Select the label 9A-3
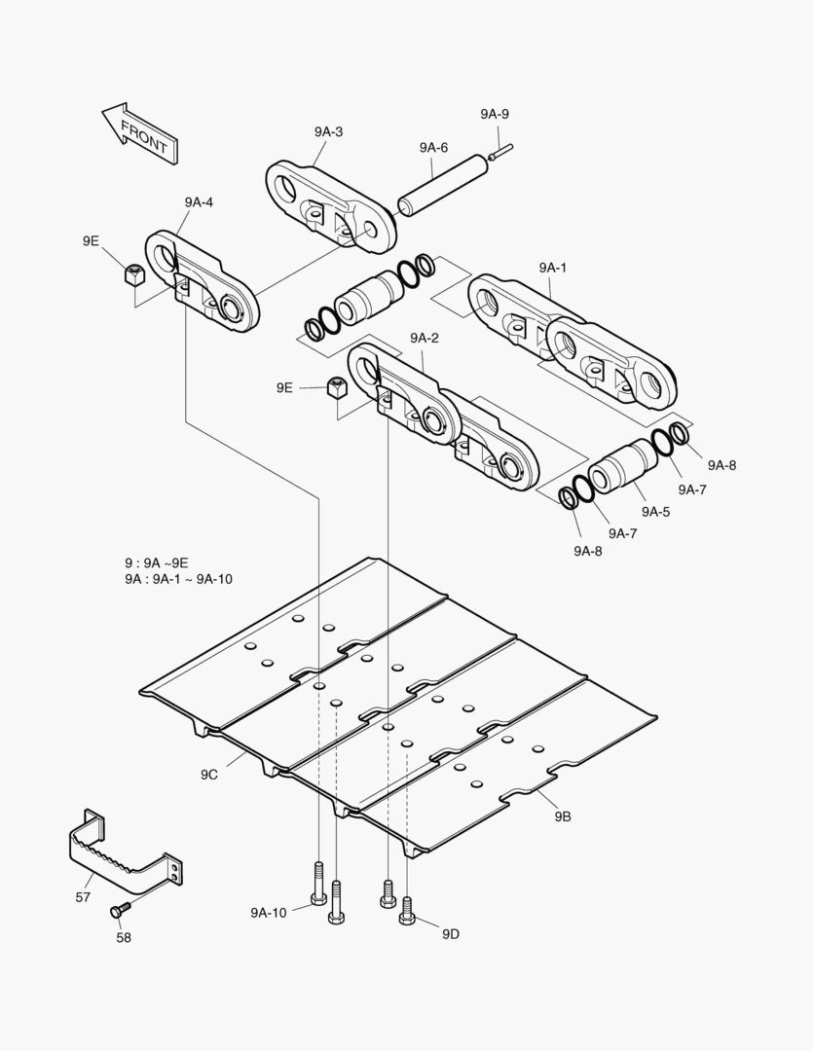[x=328, y=132]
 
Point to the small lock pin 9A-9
[x=502, y=150]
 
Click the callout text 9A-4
[x=199, y=202]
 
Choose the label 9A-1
[x=552, y=267]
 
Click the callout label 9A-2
[x=425, y=338]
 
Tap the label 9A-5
[x=654, y=511]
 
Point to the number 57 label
[x=84, y=896]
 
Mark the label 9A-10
[x=268, y=912]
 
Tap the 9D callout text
[x=450, y=934]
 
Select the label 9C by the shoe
[x=209, y=774]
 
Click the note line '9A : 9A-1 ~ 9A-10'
[x=178, y=579]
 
